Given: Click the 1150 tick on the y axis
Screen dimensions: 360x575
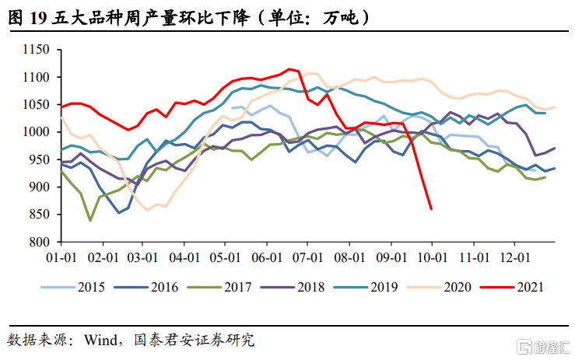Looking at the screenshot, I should click(37, 51).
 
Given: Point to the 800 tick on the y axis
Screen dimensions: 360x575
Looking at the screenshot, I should click(40, 242).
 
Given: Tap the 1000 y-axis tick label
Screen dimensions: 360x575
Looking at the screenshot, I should click(37, 132).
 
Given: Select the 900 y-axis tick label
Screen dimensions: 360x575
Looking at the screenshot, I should click(40, 187).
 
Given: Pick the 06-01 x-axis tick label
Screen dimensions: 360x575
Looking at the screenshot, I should click(266, 257).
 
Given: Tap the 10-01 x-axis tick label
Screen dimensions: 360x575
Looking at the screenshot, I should click(431, 257).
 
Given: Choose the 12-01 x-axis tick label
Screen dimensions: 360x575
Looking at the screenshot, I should click(514, 257).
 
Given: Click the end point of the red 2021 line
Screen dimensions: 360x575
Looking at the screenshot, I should click(432, 208).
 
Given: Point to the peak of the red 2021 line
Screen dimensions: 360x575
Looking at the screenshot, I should click(289, 69).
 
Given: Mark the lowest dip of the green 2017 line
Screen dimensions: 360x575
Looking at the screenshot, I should click(90, 220).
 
